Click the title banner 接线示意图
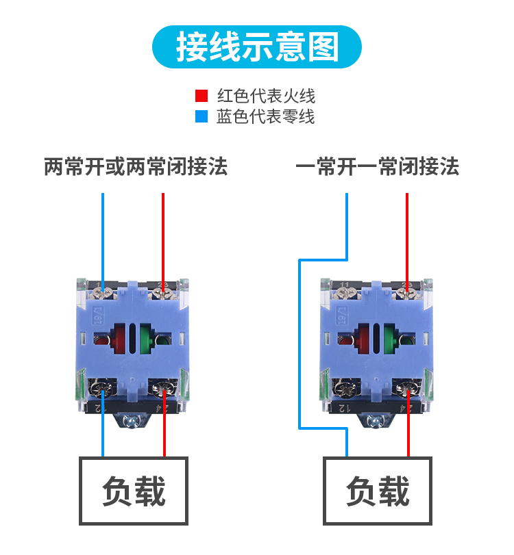(256, 47)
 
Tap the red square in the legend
(201, 96)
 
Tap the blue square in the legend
(201, 117)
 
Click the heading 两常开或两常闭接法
(135, 166)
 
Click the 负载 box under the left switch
(134, 491)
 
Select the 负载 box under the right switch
(378, 491)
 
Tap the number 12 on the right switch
(345, 408)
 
